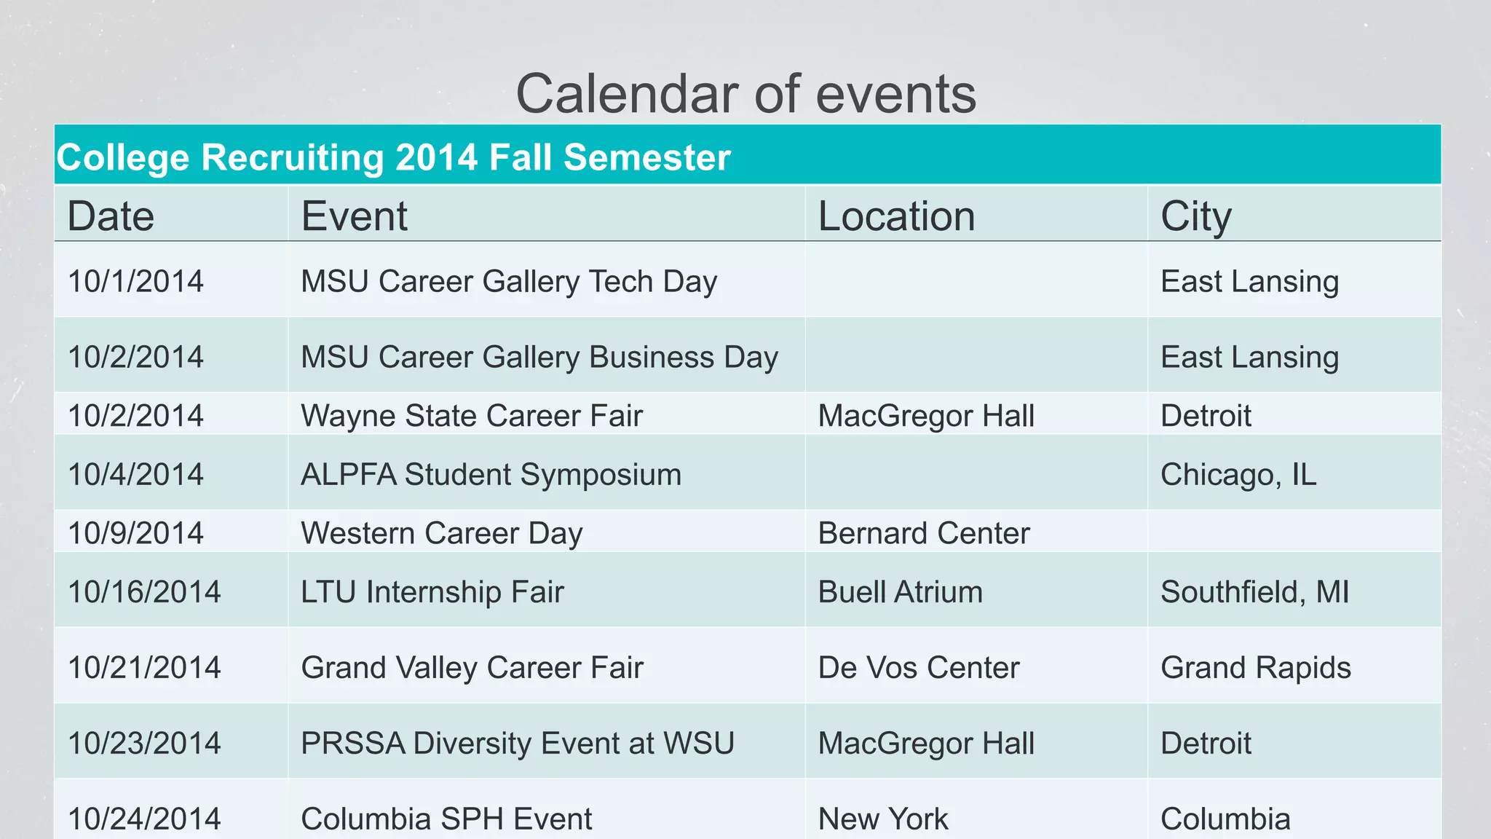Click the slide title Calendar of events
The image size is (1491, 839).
[x=745, y=95]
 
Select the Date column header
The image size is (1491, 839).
[x=111, y=216]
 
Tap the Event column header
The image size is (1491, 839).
[x=354, y=216]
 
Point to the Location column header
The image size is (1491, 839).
[x=896, y=216]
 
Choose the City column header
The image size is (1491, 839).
[x=1195, y=216]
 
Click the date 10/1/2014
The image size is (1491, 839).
[x=135, y=282]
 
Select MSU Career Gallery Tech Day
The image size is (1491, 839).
[x=509, y=282]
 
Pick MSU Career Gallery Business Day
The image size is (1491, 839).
[x=539, y=358]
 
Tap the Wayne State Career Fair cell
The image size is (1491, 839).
[x=472, y=416]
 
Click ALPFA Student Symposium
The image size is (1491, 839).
[x=491, y=475]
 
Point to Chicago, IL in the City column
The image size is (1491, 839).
[x=1238, y=475]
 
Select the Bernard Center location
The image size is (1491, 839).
[x=924, y=533]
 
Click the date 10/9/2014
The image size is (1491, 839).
[x=135, y=533]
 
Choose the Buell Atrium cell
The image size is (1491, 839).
[x=900, y=592]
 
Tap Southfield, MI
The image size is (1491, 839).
[x=1254, y=592]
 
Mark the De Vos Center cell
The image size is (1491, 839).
[x=919, y=668]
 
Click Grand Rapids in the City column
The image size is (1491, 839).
[x=1255, y=668]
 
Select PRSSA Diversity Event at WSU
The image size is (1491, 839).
[x=517, y=744]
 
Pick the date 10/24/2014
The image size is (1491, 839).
[x=144, y=819]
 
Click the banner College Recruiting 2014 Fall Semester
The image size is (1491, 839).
[x=393, y=157]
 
